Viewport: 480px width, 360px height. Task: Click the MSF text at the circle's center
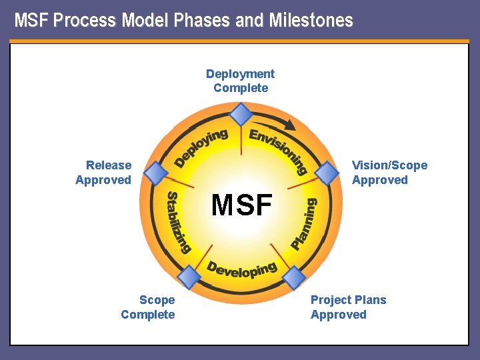pyautogui.click(x=241, y=205)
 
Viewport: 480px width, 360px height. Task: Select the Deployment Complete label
pyautogui.click(x=240, y=81)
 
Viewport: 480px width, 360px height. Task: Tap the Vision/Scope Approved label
pyautogui.click(x=389, y=173)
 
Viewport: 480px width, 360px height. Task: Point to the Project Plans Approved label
pyautogui.click(x=348, y=307)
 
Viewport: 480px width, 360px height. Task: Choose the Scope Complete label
pyautogui.click(x=148, y=307)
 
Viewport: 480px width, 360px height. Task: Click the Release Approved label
pyautogui.click(x=104, y=173)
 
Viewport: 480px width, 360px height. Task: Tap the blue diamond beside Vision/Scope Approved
pyautogui.click(x=327, y=173)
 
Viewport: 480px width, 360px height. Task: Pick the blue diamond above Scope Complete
pyautogui.click(x=189, y=277)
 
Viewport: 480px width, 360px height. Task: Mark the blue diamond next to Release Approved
pyautogui.click(x=155, y=173)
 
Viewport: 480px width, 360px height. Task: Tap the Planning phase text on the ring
pyautogui.click(x=304, y=224)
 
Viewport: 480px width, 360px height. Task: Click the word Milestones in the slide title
pyautogui.click(x=311, y=21)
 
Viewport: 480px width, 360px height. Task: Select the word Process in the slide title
pyautogui.click(x=87, y=21)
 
